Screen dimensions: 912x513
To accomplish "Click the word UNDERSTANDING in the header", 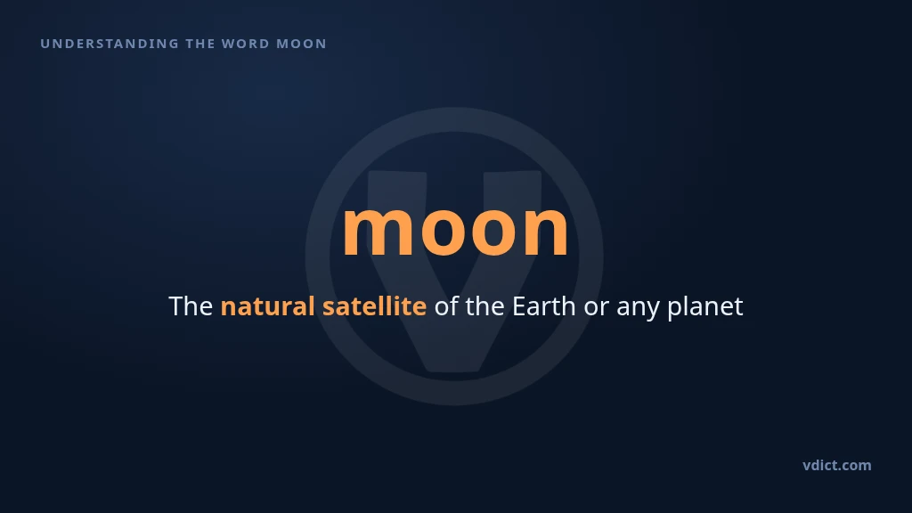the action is pos(110,44).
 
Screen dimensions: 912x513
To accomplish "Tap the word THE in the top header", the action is pos(200,44).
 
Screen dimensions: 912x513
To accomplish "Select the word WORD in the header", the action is pos(246,44).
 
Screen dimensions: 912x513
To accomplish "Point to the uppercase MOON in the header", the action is pos(301,44).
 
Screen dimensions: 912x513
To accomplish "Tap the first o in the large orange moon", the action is pos(446,230).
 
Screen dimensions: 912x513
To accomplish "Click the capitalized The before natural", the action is pos(191,306).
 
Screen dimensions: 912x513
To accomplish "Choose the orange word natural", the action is pos(267,306).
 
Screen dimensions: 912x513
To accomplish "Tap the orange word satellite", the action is pos(374,306).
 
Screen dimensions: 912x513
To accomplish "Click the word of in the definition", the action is pos(446,306).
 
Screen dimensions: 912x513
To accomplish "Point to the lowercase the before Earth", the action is pos(484,306).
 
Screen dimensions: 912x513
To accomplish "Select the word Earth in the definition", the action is pos(544,306).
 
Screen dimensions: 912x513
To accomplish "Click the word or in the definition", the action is pos(596,309).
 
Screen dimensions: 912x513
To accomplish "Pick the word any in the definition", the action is pos(638,310).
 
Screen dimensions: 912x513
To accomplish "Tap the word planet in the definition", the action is pos(705,307).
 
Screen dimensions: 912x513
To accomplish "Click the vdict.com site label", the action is pos(837,465).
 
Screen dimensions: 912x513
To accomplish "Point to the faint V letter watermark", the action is pos(454,271).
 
